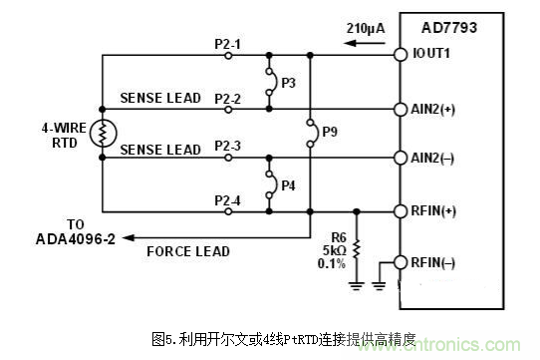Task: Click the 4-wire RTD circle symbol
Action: pos(103,134)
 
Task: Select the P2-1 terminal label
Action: pos(228,43)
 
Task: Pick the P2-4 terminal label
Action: pos(228,199)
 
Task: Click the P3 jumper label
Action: pos(287,82)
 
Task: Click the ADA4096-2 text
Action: pos(76,239)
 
